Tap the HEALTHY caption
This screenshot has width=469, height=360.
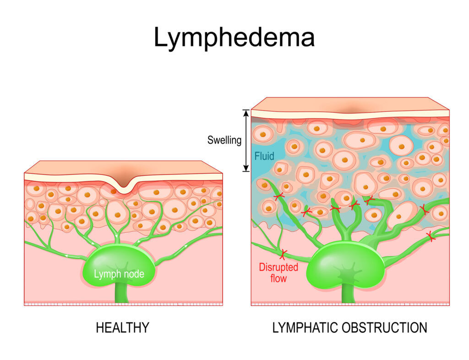coord(122,328)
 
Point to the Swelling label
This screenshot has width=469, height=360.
coord(224,140)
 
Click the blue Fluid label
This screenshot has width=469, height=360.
coord(264,156)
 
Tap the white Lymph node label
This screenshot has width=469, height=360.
coord(119,274)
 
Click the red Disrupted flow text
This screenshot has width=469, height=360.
coord(278,272)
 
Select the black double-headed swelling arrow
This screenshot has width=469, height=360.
coord(246,141)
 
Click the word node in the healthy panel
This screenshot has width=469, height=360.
coord(134,274)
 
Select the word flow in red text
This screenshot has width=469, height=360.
coord(278,278)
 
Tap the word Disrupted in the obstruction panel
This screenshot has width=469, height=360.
coord(278,267)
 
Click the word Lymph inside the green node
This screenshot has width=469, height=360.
coord(105,274)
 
